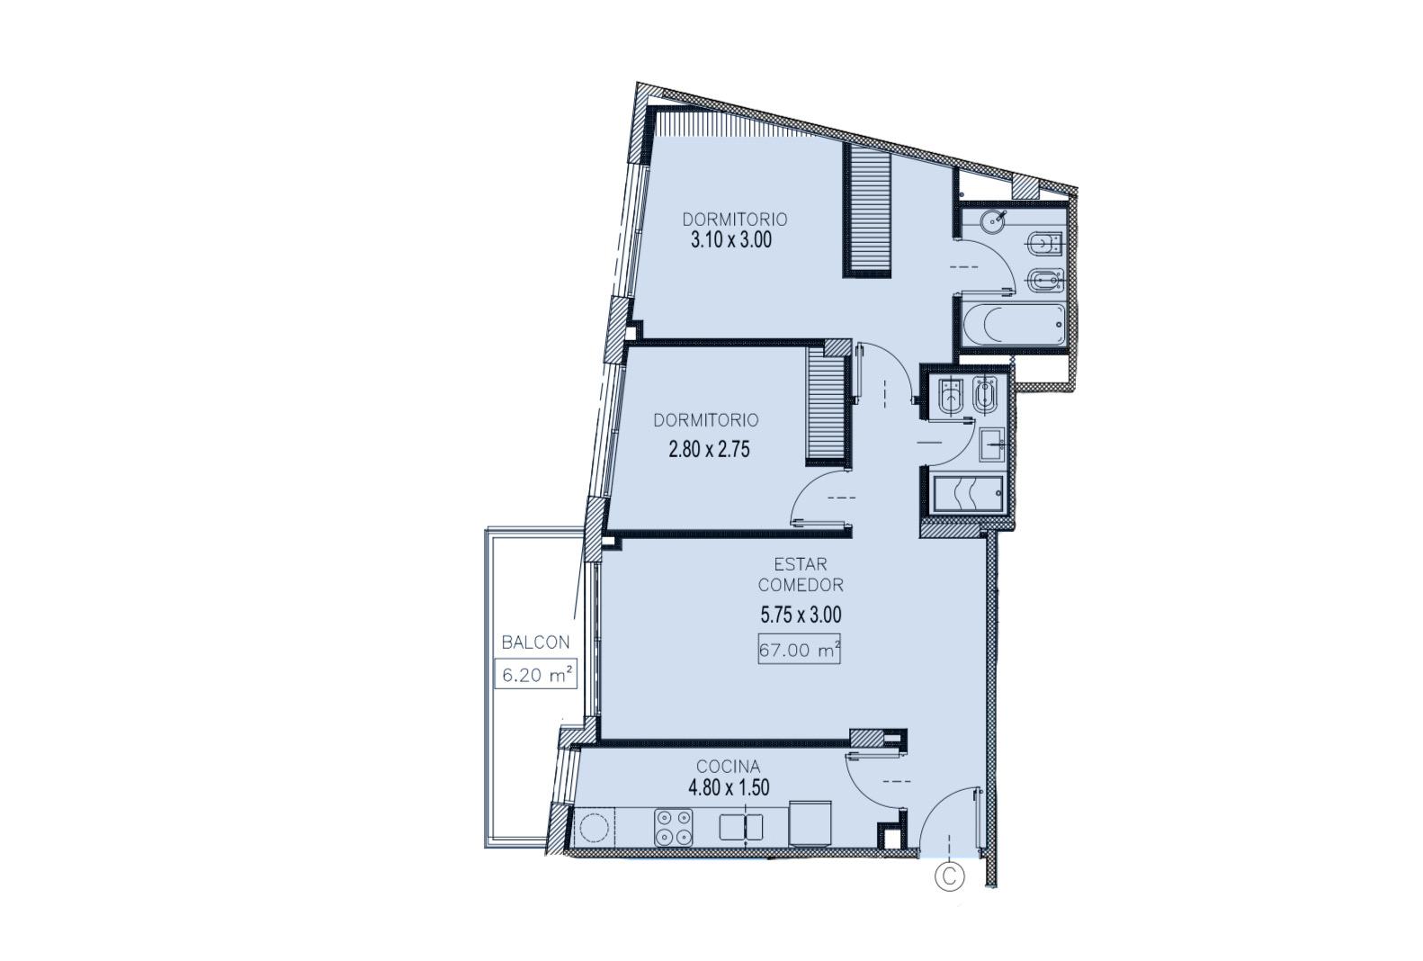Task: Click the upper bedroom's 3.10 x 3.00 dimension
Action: (x=731, y=240)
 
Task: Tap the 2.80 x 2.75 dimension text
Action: (x=709, y=449)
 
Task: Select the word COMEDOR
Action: (x=801, y=585)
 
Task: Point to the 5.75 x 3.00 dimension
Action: (x=801, y=615)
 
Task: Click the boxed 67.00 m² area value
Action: (x=799, y=650)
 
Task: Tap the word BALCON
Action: (x=535, y=642)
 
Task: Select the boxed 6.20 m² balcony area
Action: (x=535, y=674)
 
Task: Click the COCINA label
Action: (x=728, y=767)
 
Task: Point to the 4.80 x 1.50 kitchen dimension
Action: (x=729, y=788)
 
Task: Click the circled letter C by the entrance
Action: (x=949, y=876)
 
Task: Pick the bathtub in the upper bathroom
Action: (x=1014, y=325)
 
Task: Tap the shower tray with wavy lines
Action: (x=968, y=493)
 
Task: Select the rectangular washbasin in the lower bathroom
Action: (x=990, y=445)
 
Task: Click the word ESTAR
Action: (x=801, y=564)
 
